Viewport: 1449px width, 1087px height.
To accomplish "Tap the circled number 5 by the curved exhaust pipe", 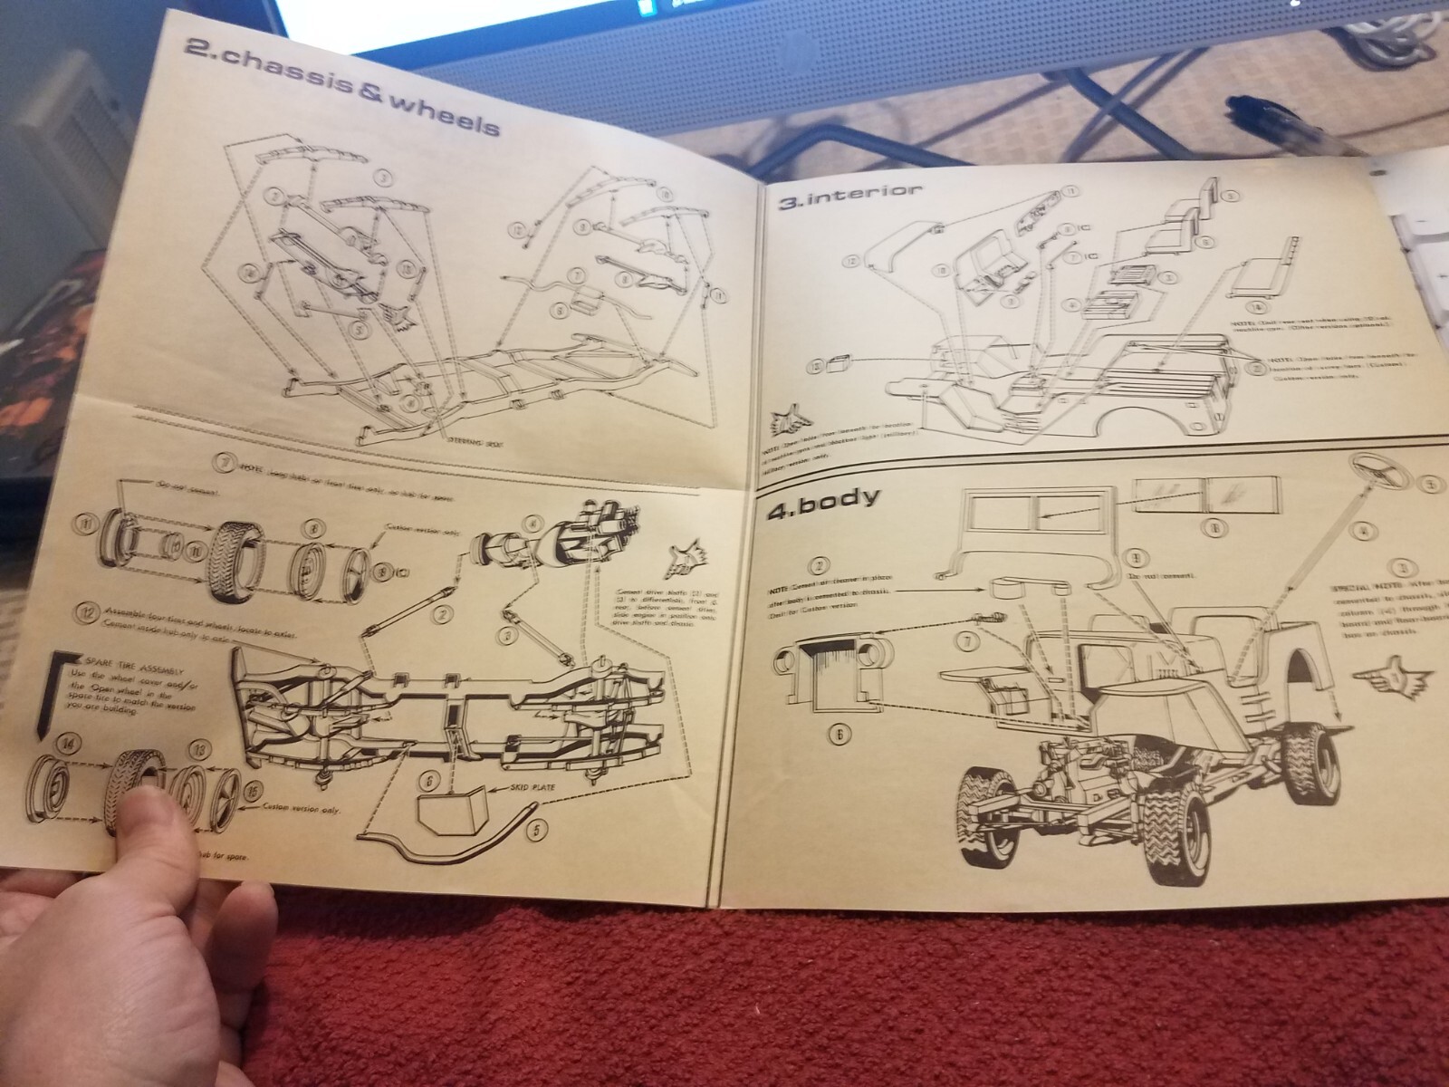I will tap(536, 827).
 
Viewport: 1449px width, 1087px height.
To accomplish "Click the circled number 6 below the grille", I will tap(840, 736).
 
